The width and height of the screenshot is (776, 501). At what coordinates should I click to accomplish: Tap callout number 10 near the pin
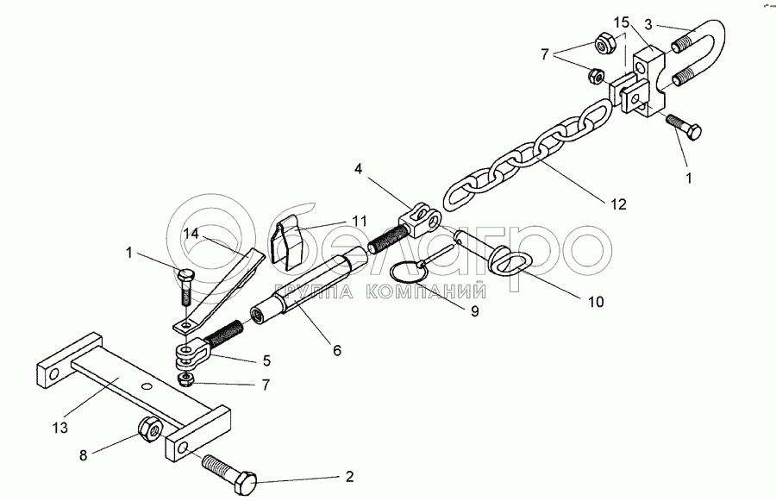[x=596, y=302]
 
